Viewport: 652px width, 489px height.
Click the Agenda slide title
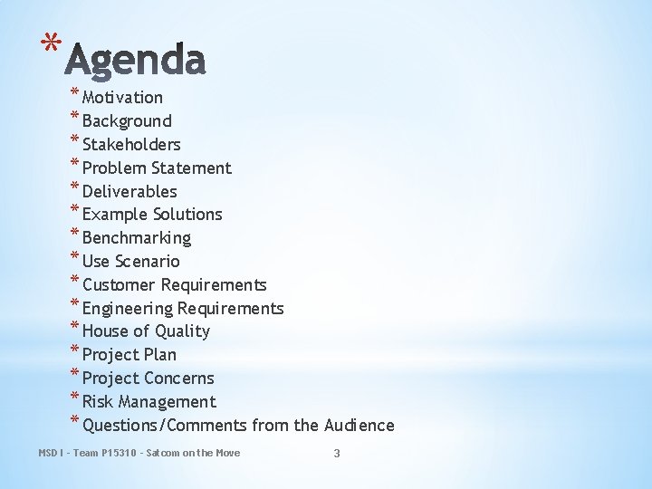(x=137, y=60)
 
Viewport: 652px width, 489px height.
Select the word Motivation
(x=122, y=98)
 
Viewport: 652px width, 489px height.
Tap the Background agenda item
(x=127, y=121)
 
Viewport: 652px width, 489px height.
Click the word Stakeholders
(x=131, y=145)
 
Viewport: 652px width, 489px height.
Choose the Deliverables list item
(x=129, y=192)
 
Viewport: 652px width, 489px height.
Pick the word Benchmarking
(x=137, y=238)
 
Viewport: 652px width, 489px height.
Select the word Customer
(x=120, y=285)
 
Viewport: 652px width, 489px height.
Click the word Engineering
(x=128, y=309)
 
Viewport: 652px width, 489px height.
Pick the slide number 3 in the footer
(x=337, y=453)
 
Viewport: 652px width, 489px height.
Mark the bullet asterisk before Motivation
(x=73, y=94)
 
